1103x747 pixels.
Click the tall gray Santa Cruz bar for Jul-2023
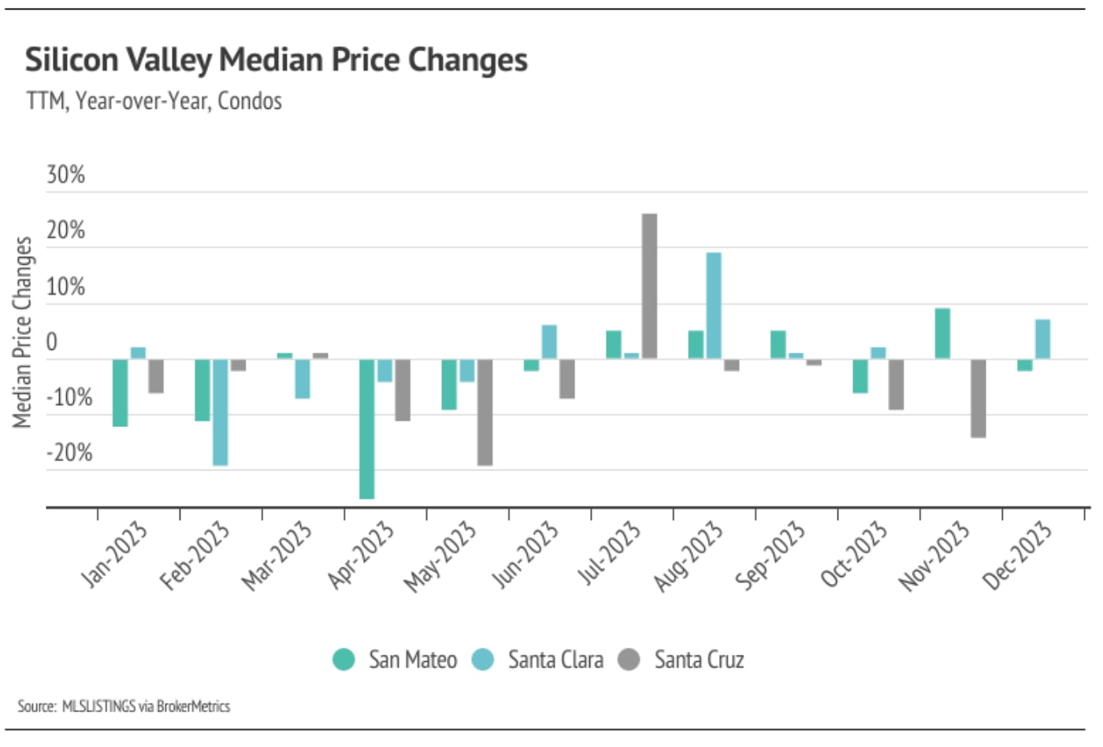click(649, 286)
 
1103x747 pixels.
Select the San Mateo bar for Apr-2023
click(367, 429)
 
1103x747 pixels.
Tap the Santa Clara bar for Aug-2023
click(713, 306)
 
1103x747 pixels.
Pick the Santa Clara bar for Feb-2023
click(221, 412)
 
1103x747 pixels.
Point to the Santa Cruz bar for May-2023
click(485, 412)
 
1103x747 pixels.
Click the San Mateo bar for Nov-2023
click(942, 333)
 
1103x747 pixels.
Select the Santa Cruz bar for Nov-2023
click(978, 398)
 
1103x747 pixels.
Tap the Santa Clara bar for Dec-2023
click(1042, 339)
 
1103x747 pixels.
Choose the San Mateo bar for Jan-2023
click(121, 392)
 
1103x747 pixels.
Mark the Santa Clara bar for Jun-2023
click(549, 342)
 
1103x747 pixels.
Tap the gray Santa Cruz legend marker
click(629, 660)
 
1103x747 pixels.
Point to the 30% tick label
click(65, 175)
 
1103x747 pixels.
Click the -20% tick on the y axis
click(69, 453)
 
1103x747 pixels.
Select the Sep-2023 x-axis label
click(770, 556)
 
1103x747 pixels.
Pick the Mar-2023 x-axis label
click(277, 556)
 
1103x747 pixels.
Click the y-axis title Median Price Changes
click(22, 332)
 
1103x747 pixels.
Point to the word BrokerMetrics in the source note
click(193, 706)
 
